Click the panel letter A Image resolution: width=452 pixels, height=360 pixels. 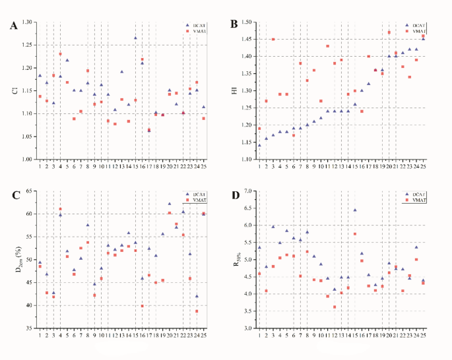coord(13,26)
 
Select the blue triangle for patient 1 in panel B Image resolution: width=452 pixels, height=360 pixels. coord(259,145)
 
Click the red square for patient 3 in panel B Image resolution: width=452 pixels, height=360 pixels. coord(273,40)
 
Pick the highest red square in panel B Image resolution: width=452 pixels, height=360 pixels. coord(389,32)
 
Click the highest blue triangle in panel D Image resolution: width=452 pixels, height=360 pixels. coord(355,210)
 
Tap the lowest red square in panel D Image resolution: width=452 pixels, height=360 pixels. coord(335,307)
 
